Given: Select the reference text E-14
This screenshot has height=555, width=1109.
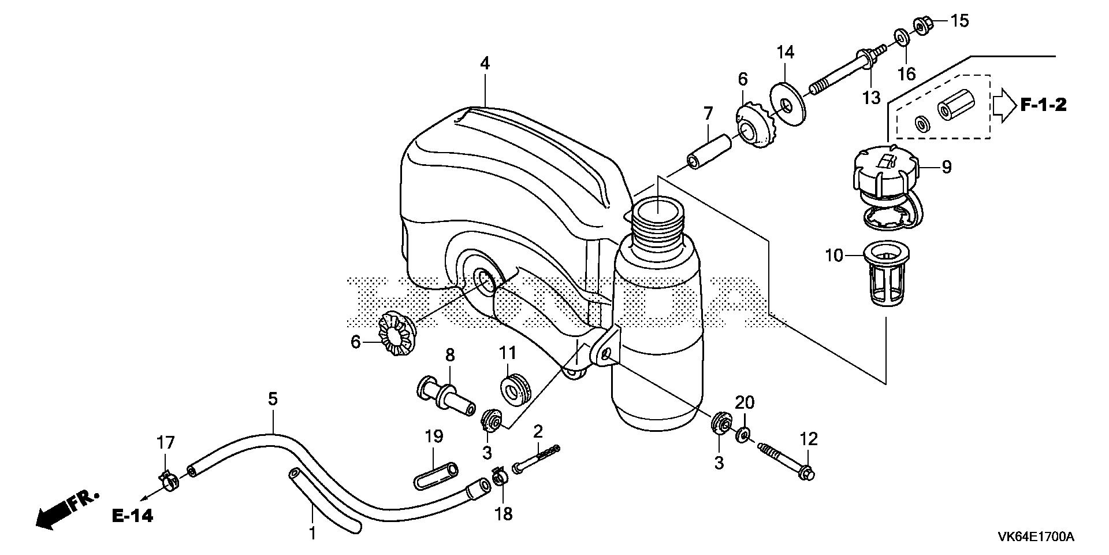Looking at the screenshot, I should [x=133, y=516].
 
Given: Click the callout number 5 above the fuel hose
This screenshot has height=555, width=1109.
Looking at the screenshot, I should [x=273, y=399].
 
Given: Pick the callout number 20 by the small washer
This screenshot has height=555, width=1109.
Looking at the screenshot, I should [x=745, y=402].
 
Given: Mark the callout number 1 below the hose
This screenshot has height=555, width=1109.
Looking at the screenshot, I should [x=312, y=533].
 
